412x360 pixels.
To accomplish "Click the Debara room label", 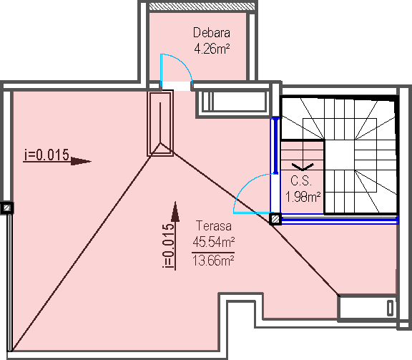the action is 212,33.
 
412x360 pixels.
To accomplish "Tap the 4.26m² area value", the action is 212,49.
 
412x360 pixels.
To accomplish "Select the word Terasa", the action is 214,226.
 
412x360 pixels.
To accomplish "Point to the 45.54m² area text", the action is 214,242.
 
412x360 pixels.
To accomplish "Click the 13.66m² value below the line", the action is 213,261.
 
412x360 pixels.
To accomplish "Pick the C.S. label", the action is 301,180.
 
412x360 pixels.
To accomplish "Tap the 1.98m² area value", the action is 303,197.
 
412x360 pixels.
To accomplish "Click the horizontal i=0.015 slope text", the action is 46,155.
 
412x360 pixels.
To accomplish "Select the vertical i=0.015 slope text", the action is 168,245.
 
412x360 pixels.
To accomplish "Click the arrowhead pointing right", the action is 81,161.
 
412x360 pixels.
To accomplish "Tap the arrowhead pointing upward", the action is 175,211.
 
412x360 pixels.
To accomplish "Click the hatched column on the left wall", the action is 7,208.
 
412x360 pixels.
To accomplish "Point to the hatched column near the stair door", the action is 275,219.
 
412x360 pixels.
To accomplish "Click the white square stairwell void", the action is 340,155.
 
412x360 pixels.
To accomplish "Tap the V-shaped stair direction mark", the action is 303,167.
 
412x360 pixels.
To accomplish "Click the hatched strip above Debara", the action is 202,6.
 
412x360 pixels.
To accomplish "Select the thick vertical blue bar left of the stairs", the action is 275,146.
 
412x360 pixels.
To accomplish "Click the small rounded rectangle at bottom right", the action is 391,308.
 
